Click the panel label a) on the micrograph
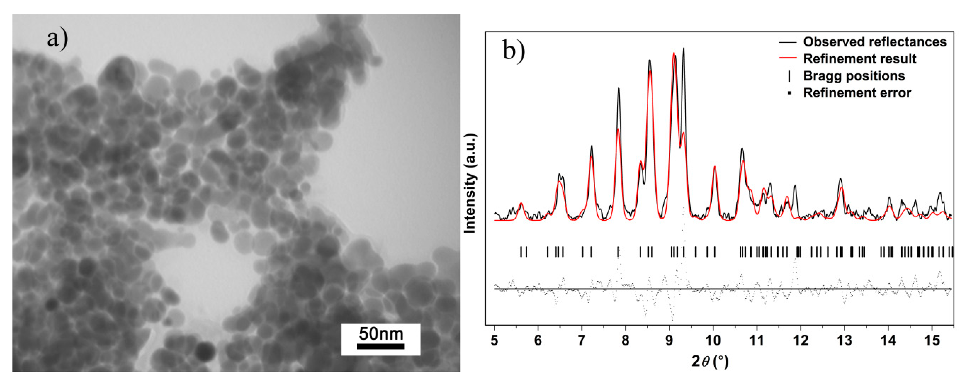coord(57,39)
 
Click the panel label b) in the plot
coord(514,50)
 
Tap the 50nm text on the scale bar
coord(381,333)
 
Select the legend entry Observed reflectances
coord(875,42)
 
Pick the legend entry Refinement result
coord(860,59)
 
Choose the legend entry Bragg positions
coord(854,76)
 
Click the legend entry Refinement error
coord(857,93)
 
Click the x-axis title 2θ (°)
coord(710,361)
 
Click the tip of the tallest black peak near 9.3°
coord(683,48)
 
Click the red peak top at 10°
coord(714,166)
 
